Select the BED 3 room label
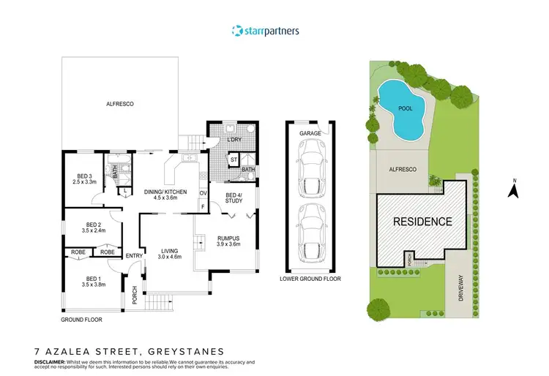tap(83, 179)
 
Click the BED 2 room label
tap(93, 227)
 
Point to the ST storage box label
tap(234, 159)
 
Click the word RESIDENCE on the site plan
tap(423, 220)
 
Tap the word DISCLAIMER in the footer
tap(51, 361)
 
